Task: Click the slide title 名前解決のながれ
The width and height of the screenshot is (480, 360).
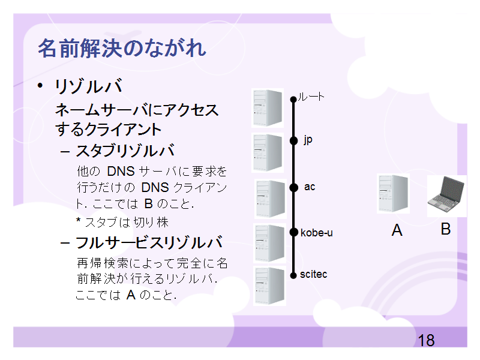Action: [122, 49]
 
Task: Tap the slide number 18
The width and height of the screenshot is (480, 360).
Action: [426, 340]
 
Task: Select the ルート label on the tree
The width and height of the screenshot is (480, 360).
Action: [311, 97]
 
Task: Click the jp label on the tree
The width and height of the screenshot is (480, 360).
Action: [308, 140]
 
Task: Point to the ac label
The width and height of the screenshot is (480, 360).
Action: [310, 187]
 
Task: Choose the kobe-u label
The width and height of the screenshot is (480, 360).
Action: [317, 233]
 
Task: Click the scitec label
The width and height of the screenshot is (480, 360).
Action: [313, 274]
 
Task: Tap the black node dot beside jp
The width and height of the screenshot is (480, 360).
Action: [293, 140]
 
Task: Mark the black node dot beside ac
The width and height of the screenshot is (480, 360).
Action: [293, 187]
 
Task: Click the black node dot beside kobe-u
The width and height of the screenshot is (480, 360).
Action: [293, 232]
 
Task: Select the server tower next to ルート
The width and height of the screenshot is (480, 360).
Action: [268, 108]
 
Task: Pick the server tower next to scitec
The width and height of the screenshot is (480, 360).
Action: [269, 286]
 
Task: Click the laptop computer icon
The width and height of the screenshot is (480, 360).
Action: [446, 195]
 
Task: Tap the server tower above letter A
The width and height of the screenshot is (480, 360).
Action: [393, 193]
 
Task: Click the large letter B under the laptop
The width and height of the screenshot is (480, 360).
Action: [446, 229]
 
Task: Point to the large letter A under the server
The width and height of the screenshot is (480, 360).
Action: [397, 230]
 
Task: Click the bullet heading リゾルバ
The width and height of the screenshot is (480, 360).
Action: [88, 86]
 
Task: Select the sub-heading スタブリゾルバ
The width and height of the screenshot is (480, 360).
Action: [125, 151]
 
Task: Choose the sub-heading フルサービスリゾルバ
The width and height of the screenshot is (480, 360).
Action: [149, 242]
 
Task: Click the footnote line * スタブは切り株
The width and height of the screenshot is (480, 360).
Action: [122, 222]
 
